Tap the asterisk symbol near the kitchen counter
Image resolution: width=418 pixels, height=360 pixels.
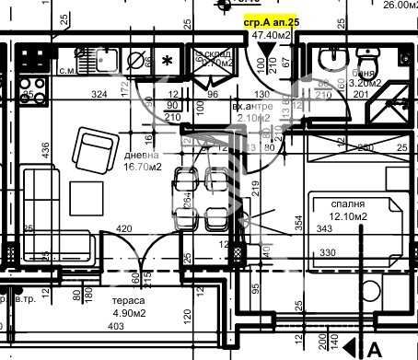(167, 62)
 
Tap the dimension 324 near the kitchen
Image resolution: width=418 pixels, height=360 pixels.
(99, 94)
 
